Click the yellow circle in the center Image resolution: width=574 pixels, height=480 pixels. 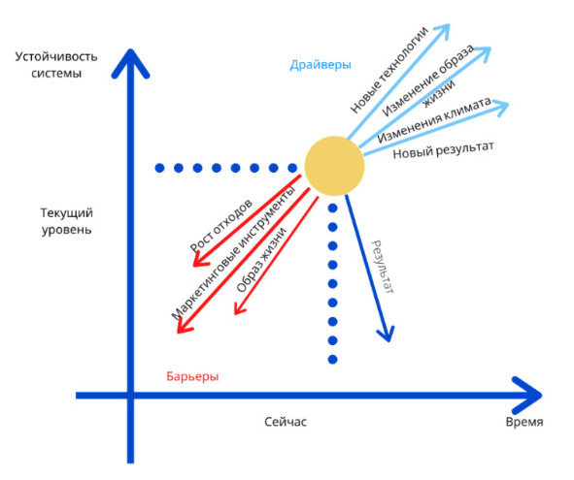coord(334,166)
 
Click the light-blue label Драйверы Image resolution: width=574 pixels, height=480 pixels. coord(321,65)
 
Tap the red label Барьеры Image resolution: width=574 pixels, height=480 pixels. coord(192,376)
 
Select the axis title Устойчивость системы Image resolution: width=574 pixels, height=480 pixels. coord(56,65)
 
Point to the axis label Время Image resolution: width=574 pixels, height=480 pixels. coord(524,422)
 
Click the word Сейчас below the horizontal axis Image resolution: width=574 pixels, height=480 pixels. coord(286,422)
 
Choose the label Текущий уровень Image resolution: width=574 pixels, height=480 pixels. coord(67,221)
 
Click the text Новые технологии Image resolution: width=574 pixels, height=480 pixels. coord(388,70)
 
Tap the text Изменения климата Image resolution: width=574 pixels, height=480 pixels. coord(434,120)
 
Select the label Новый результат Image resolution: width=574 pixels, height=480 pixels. coord(443,150)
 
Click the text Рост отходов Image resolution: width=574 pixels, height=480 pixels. coord(221,225)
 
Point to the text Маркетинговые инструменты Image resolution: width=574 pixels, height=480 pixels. coord(233,253)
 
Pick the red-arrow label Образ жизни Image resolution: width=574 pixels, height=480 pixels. coord(261,260)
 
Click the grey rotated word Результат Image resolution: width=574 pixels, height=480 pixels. coord(383,267)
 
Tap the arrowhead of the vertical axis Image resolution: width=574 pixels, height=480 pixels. coord(130,50)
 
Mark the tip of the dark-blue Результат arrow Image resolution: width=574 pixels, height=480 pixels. coord(388,341)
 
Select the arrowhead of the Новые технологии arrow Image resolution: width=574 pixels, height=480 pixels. coord(449,25)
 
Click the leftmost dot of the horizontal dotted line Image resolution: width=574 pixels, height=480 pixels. coord(159,168)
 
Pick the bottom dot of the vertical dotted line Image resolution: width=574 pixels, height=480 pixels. coord(333,360)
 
